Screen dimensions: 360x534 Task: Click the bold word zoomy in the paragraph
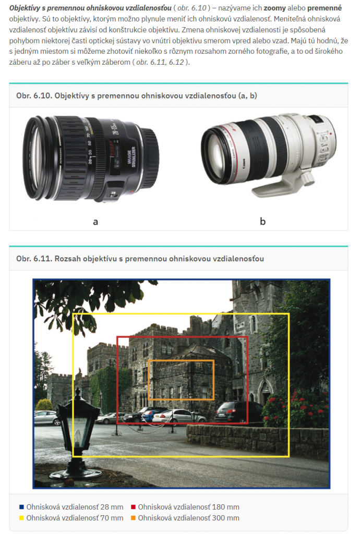click(x=274, y=8)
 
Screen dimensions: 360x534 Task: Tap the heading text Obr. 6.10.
click(x=33, y=96)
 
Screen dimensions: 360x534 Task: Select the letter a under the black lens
click(x=95, y=222)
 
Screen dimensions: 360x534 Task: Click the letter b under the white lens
click(x=262, y=221)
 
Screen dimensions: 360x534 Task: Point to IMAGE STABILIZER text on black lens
click(x=131, y=157)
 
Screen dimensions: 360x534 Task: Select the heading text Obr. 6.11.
click(x=33, y=259)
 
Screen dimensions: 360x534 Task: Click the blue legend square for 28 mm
click(x=22, y=507)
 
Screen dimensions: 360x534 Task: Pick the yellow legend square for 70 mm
click(x=22, y=518)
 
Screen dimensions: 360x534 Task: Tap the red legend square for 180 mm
click(x=133, y=507)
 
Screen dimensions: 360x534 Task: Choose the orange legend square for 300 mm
click(x=133, y=518)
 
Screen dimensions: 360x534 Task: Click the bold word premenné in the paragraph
click(x=324, y=8)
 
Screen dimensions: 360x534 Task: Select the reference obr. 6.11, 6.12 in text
click(x=160, y=63)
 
